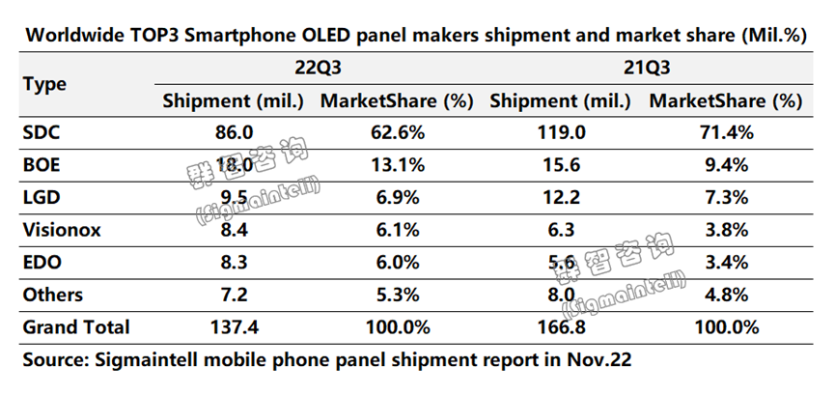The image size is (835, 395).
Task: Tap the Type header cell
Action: click(44, 84)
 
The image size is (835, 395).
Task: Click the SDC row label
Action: click(40, 131)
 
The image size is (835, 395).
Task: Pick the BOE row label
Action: click(40, 164)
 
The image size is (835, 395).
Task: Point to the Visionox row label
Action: click(61, 229)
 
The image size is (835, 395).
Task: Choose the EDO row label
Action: click(40, 262)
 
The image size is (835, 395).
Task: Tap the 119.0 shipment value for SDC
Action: click(560, 131)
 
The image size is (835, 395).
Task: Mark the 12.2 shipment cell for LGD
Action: click(560, 197)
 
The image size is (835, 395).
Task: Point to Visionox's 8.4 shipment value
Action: click(233, 229)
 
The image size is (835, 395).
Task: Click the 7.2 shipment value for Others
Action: click(233, 295)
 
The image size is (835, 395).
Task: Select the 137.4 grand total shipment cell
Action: click(233, 327)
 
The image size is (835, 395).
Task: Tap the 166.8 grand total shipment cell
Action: click(560, 327)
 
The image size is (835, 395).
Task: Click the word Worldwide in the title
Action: click(73, 36)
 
